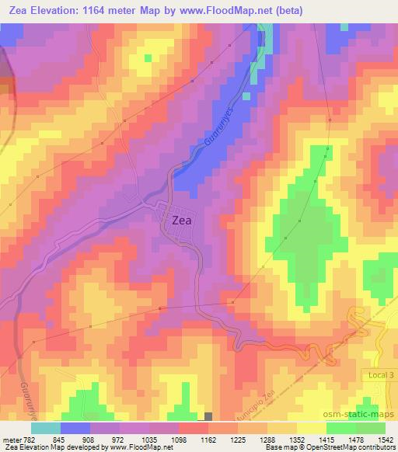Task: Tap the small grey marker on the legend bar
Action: tap(208, 417)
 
